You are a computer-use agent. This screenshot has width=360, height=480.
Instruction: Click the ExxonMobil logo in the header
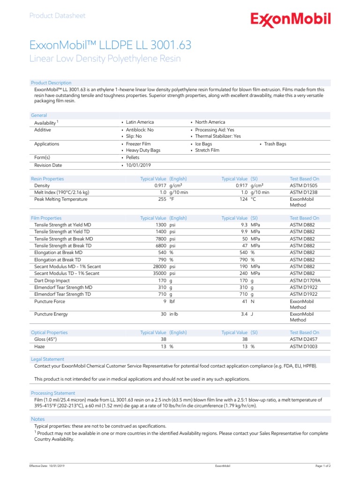point(291,20)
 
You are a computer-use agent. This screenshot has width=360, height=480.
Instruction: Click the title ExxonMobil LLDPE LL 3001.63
point(110,45)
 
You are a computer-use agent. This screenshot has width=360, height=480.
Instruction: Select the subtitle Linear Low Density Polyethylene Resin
point(105,59)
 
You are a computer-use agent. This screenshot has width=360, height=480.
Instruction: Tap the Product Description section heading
point(51,82)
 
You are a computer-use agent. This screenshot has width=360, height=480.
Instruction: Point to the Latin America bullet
point(140,122)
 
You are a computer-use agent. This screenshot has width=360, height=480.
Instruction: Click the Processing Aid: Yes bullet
point(214,130)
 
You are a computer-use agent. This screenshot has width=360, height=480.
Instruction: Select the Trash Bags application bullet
point(275,144)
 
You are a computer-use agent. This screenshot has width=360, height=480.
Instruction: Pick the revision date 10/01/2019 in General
point(138,165)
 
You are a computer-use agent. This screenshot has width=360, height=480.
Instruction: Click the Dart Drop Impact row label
point(52,280)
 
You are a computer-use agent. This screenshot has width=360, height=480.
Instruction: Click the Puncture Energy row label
point(51,314)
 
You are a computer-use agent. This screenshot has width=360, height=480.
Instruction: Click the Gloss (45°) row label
point(45,339)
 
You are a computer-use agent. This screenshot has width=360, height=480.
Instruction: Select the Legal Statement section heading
point(47,359)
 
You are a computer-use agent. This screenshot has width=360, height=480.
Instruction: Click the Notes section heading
point(38,419)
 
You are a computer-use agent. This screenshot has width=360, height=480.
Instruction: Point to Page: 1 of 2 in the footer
point(323,465)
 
